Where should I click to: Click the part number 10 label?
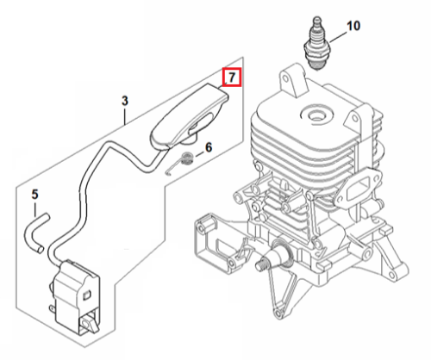353,26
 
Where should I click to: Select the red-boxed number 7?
232,77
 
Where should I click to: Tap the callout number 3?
125,101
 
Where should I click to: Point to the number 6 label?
209,147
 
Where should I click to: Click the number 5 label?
34,195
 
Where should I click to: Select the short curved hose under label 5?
36,233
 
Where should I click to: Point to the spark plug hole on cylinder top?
316,114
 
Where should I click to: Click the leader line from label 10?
338,37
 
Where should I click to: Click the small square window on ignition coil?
86,295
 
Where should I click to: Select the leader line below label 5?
35,208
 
